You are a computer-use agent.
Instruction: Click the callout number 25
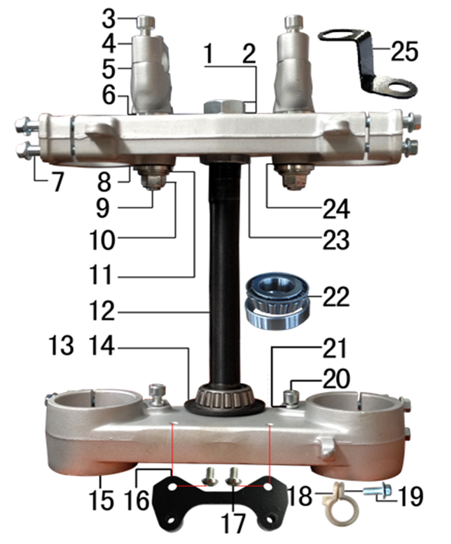pyautogui.click(x=405, y=52)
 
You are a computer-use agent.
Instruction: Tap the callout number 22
pyautogui.click(x=336, y=297)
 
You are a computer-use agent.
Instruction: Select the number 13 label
pyautogui.click(x=62, y=345)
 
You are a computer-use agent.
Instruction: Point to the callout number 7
pyautogui.click(x=57, y=182)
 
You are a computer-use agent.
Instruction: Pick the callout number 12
pyautogui.click(x=102, y=311)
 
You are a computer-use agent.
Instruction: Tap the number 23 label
pyautogui.click(x=336, y=240)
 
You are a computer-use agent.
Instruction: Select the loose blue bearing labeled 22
pyautogui.click(x=277, y=300)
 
